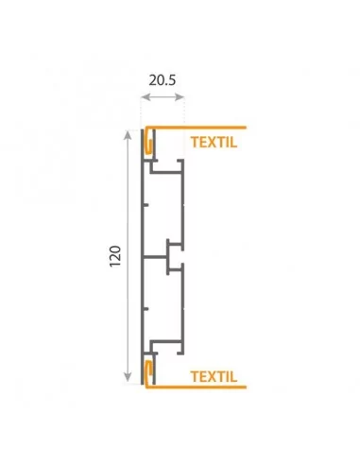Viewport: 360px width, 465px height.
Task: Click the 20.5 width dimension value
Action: coord(163,80)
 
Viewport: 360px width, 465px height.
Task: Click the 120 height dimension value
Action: coord(115,256)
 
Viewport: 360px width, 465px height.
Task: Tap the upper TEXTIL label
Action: coord(214,143)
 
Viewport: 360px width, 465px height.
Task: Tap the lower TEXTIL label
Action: coord(214,376)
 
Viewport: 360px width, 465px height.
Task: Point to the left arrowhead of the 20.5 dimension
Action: coord(145,97)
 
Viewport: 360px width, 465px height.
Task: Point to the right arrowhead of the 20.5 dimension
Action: coord(180,97)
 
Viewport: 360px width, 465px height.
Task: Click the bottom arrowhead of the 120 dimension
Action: coord(128,377)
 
